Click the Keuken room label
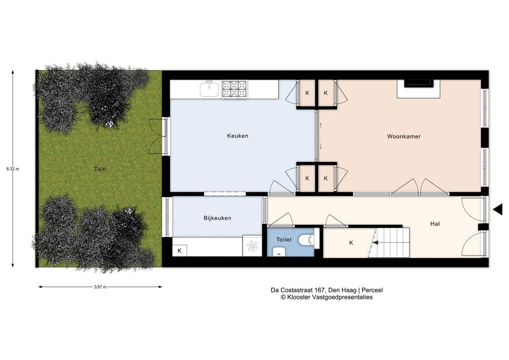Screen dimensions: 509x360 237,135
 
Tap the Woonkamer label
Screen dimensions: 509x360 404,136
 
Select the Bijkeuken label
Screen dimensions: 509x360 217,218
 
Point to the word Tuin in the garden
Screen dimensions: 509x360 99,169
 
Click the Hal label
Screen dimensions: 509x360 435,223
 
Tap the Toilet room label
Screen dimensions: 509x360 284,239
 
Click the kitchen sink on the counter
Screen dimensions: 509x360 209,89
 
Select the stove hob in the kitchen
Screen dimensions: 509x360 234,89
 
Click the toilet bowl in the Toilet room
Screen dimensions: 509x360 306,240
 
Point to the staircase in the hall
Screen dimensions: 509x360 389,242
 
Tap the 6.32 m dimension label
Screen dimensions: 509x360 12,169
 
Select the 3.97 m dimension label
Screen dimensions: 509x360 100,287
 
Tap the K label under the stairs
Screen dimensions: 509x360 351,243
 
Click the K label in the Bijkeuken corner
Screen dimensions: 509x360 179,250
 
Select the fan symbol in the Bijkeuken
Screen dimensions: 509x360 252,246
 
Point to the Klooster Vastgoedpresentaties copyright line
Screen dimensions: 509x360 326,297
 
